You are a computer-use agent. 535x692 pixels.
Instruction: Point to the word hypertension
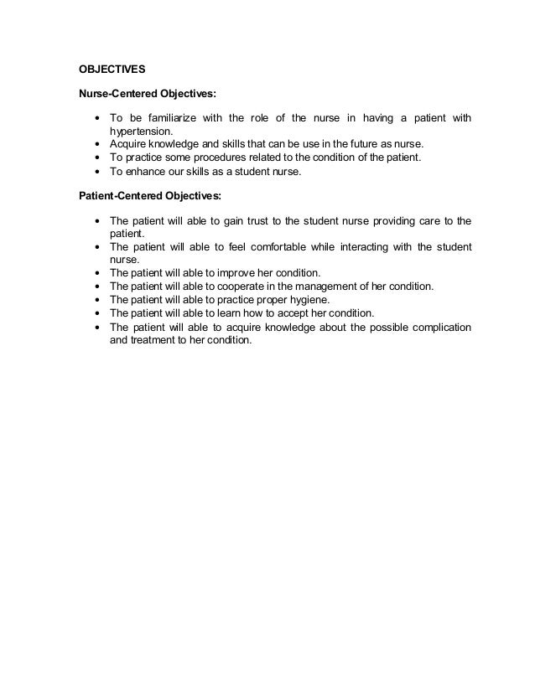140,131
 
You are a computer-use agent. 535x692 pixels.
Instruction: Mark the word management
340,287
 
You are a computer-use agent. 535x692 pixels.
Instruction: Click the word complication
436,327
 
